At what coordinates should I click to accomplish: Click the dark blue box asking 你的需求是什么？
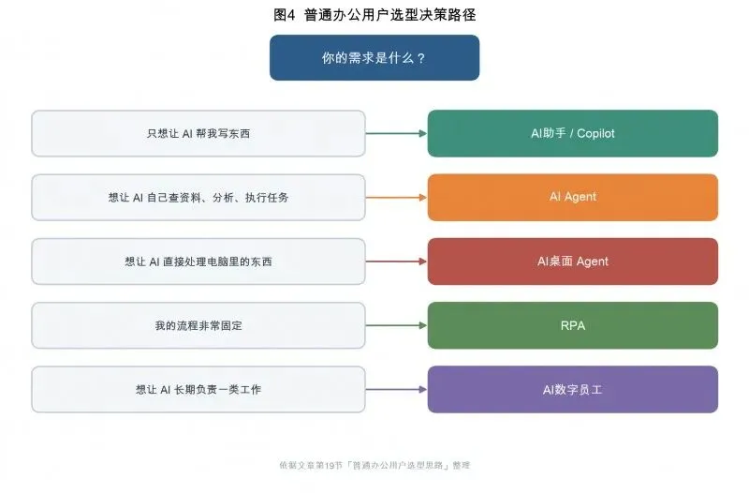point(374,57)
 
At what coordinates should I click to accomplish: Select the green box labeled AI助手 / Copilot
point(573,133)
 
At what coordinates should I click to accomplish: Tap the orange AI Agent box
point(573,197)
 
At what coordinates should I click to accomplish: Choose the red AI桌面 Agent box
point(573,261)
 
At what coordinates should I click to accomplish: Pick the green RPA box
point(573,325)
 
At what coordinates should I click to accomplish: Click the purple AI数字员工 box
point(573,389)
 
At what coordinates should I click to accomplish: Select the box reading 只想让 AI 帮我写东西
point(198,133)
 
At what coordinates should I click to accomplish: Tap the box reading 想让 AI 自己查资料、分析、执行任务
point(198,197)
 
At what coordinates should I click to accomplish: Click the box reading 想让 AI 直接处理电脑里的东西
point(198,261)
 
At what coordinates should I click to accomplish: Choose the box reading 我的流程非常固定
point(198,325)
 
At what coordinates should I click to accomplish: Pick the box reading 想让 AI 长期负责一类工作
point(198,389)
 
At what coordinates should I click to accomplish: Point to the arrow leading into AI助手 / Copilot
point(396,133)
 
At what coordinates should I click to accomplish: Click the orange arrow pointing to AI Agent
point(396,197)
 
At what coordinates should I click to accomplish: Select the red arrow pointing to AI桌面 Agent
point(396,261)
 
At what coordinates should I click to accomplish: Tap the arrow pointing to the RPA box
point(396,325)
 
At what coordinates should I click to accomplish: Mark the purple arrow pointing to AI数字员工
point(396,389)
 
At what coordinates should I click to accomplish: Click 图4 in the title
point(285,15)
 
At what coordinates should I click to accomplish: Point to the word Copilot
point(595,133)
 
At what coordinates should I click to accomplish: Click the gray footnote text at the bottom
point(374,465)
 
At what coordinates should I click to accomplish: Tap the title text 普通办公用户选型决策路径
point(389,15)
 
